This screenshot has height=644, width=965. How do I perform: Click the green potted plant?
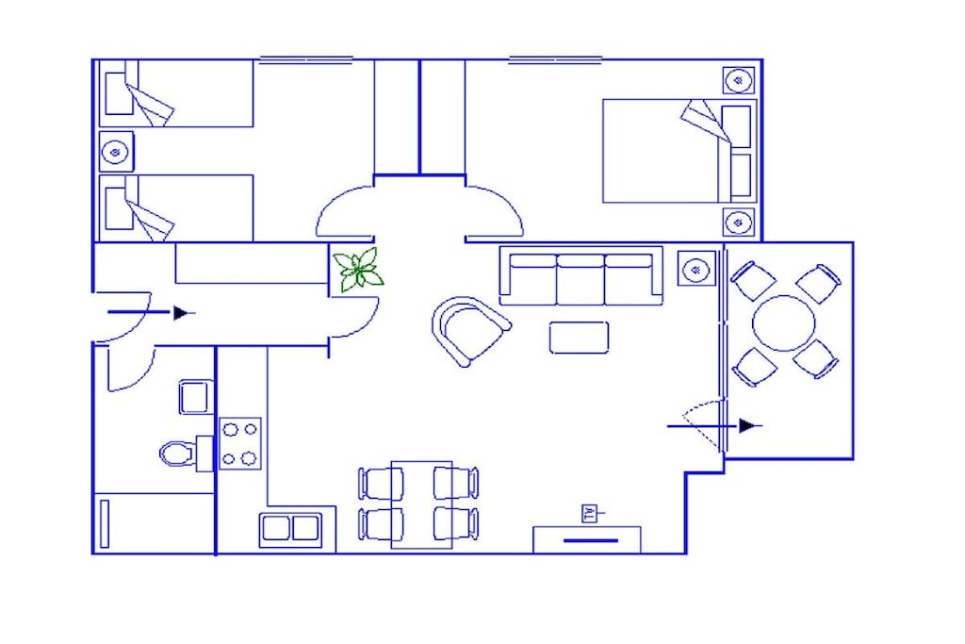pyautogui.click(x=358, y=269)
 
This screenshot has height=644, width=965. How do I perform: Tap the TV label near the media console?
pyautogui.click(x=590, y=514)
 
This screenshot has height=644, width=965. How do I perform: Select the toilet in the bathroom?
pyautogui.click(x=177, y=454)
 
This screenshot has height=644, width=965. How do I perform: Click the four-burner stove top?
pyautogui.click(x=240, y=444)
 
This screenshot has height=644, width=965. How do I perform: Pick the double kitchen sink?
pyautogui.click(x=289, y=528)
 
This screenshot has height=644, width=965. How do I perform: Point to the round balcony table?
pyautogui.click(x=783, y=323)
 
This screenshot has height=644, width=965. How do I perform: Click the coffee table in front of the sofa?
pyautogui.click(x=579, y=338)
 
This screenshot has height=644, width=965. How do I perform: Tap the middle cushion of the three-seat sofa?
pyautogui.click(x=581, y=279)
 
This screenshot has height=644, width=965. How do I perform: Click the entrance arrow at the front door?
pyautogui.click(x=152, y=313)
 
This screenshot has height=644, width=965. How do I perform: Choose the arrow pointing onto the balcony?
pyautogui.click(x=715, y=425)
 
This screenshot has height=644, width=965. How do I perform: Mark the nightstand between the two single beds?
pyautogui.click(x=116, y=151)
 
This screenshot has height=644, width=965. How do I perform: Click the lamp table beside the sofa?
pyautogui.click(x=696, y=269)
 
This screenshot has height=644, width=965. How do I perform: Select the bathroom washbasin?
pyautogui.click(x=196, y=397)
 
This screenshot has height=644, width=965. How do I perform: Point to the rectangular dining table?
pyautogui.click(x=421, y=504)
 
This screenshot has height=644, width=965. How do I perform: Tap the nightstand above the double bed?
pyautogui.click(x=739, y=80)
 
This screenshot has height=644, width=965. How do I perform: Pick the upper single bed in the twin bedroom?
pyautogui.click(x=176, y=93)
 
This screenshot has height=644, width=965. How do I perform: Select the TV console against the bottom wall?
pyautogui.click(x=587, y=540)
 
